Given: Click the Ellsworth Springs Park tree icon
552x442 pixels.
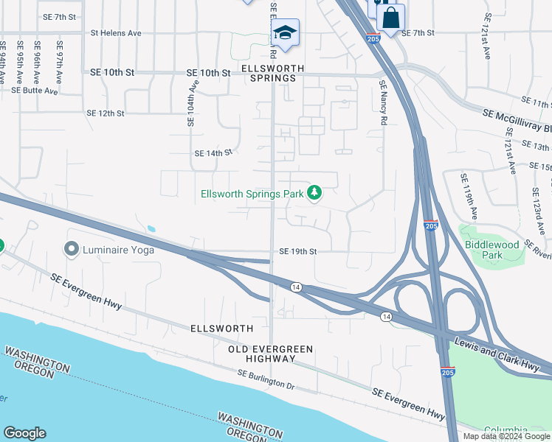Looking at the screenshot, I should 315,193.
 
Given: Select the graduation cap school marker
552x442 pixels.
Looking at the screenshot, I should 284,32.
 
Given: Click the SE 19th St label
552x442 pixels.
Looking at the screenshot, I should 297,251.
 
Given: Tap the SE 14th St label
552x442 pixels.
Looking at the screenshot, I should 213,153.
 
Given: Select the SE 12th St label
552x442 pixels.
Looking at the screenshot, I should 106,113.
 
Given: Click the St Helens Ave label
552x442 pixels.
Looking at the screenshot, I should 116,33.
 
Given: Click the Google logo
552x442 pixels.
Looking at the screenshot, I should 24,433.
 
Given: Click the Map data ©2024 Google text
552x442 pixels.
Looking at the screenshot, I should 506,436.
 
